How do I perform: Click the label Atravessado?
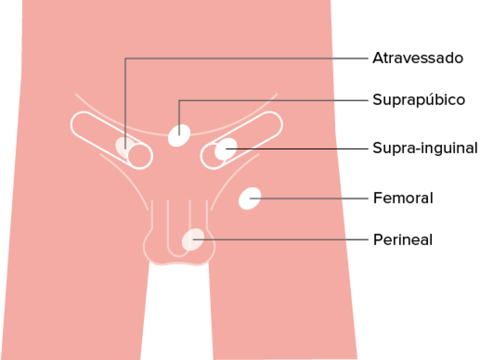pyautogui.click(x=418, y=58)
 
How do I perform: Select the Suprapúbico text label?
pyautogui.click(x=419, y=100)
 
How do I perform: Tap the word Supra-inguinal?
pyautogui.click(x=425, y=148)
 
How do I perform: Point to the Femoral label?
pyautogui.click(x=403, y=198)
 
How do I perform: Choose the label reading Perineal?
pyautogui.click(x=403, y=240)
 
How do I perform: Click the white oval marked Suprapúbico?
pyautogui.click(x=179, y=135)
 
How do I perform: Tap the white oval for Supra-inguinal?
pyautogui.click(x=226, y=149)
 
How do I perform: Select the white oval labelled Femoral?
pyautogui.click(x=250, y=199)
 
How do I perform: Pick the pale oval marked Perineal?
pyautogui.click(x=193, y=240)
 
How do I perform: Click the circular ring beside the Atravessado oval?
pyautogui.click(x=140, y=156)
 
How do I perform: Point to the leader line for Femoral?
pyautogui.click(x=309, y=199)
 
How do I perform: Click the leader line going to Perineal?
pyautogui.click(x=280, y=240)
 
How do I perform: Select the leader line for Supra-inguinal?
pyautogui.click(x=297, y=149)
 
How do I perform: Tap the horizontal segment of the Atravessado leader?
pyautogui.click(x=247, y=58)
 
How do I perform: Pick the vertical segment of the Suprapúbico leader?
pyautogui.click(x=179, y=118)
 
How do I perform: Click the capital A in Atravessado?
pyautogui.click(x=378, y=58)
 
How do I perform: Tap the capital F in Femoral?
pyautogui.click(x=377, y=198)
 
